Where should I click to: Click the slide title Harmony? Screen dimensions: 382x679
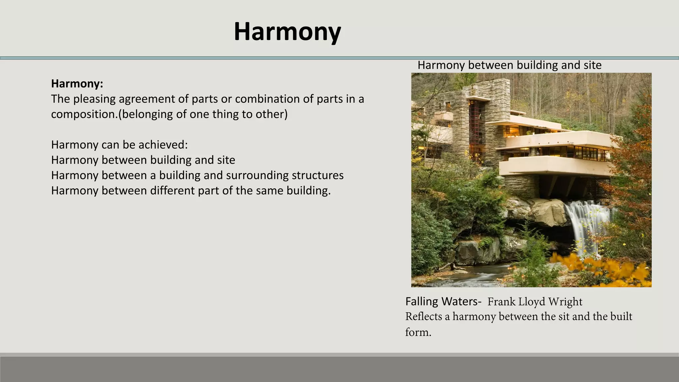point(287,32)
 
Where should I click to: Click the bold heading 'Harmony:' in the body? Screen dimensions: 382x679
point(77,84)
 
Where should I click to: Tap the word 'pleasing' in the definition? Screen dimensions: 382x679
point(94,99)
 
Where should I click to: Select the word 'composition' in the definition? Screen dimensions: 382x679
point(84,114)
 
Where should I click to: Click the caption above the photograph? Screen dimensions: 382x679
point(509,65)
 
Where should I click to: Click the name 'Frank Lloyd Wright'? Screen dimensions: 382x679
point(534,302)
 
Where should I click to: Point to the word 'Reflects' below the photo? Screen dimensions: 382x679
point(423,317)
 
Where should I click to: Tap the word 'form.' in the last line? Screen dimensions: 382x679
point(418,332)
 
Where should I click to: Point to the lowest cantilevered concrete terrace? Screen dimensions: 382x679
point(554,166)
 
